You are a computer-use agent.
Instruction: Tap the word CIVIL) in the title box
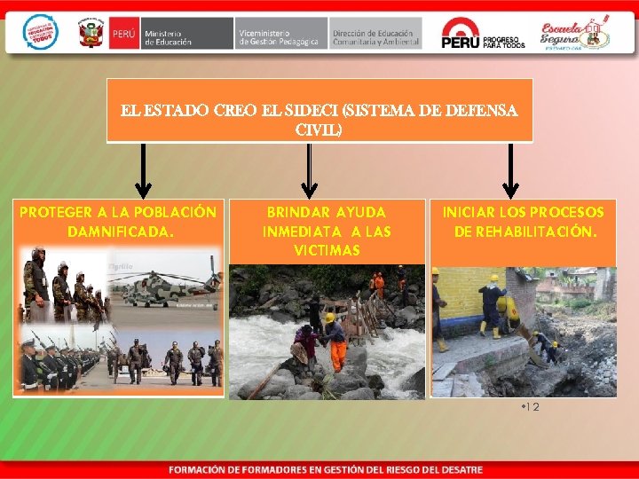[319, 130]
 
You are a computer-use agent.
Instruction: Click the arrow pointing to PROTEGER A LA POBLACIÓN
[142, 173]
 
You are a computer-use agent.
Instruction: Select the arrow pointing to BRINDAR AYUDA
[309, 173]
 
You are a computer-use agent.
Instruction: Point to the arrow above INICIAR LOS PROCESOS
[509, 173]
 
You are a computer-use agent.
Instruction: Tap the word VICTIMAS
[327, 251]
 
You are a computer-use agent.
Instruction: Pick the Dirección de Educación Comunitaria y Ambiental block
[375, 33]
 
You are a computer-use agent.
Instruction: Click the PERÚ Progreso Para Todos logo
[484, 33]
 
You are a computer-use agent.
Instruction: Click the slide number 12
[531, 407]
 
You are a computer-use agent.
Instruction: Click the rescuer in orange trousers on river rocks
[338, 341]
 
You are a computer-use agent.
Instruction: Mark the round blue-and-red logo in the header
[40, 32]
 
